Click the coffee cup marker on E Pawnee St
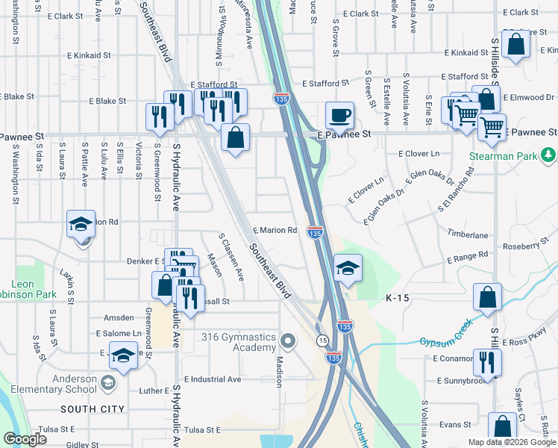tap(339, 116)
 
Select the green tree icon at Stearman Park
tap(549, 155)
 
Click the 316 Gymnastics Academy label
tap(239, 342)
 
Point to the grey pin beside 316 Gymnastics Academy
tap(289, 340)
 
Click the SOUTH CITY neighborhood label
tap(93, 408)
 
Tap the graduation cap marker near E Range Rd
tap(347, 267)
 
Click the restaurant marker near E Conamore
tap(486, 362)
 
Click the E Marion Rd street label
tap(275, 231)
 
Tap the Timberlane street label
tap(467, 234)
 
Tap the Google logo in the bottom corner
tap(24, 439)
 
